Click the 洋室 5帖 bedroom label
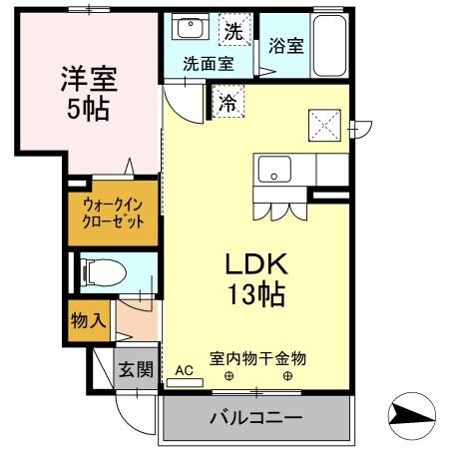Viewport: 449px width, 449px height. click(84, 92)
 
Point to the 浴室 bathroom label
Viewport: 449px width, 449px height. click(286, 45)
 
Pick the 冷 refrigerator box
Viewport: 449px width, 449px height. click(226, 101)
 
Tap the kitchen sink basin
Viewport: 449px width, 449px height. click(271, 171)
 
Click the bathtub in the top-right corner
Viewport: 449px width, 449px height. click(329, 45)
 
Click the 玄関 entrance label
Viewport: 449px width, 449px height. click(137, 371)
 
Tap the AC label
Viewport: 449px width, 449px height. click(184, 370)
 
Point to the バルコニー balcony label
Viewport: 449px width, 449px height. click(255, 417)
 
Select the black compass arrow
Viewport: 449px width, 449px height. click(410, 411)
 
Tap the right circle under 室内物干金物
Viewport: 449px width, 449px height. click(289, 376)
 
